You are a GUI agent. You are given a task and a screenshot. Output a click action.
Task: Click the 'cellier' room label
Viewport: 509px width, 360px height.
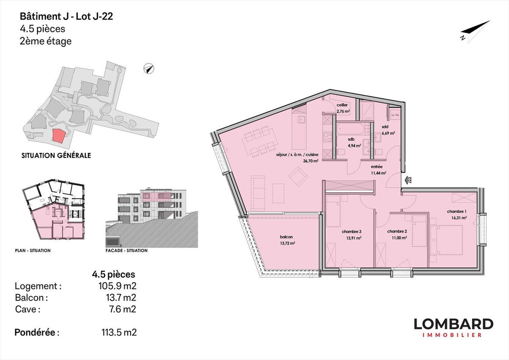click(342, 105)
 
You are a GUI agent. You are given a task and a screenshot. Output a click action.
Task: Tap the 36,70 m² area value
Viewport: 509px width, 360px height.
click(310, 161)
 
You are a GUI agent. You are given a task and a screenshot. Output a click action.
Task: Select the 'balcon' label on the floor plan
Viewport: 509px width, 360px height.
click(286, 237)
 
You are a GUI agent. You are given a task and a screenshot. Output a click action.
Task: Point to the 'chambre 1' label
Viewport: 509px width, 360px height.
click(457, 211)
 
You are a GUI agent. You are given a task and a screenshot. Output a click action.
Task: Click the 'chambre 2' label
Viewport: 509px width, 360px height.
click(397, 231)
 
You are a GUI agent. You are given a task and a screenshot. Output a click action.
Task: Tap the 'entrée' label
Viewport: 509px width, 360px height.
click(377, 167)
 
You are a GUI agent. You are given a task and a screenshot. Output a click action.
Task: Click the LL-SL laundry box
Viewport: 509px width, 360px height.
click(395, 115)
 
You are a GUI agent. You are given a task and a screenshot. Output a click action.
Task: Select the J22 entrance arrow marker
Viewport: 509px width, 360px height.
click(408, 180)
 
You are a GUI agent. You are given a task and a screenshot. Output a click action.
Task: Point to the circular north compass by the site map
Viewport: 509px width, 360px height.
click(149, 68)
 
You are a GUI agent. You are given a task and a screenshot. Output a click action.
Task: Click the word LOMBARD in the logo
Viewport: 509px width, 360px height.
click(453, 324)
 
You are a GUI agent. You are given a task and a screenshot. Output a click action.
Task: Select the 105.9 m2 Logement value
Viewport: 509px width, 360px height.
click(117, 286)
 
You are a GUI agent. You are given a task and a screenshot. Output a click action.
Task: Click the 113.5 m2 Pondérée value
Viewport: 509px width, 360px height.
click(119, 332)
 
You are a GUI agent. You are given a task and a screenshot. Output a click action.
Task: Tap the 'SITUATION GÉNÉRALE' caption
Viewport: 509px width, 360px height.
click(56, 155)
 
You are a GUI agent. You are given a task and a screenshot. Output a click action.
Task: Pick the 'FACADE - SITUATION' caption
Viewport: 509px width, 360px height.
click(126, 250)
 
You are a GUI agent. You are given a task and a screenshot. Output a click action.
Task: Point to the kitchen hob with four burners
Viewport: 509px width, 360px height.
click(327, 136)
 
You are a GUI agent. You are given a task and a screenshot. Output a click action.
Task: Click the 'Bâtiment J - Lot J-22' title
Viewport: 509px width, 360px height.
click(66, 17)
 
